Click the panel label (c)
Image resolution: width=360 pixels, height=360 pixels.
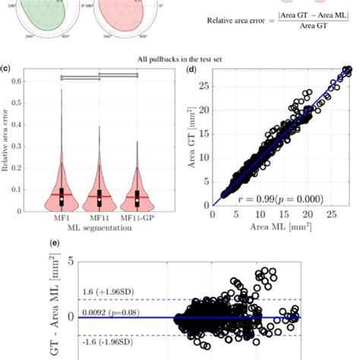pyautogui.click(x=6, y=67)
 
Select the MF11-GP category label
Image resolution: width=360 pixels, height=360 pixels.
pyautogui.click(x=138, y=218)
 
